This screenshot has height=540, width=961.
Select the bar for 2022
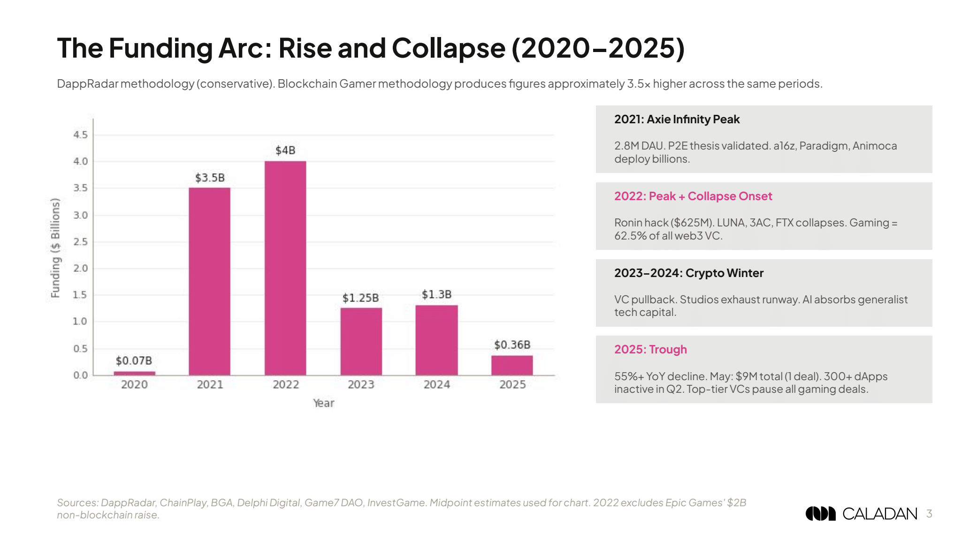(285, 268)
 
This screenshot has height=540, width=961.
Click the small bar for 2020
(134, 373)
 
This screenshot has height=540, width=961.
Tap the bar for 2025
(512, 365)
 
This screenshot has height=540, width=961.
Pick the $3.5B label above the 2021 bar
(210, 178)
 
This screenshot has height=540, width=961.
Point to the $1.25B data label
(360, 298)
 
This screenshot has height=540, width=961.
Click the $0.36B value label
(512, 345)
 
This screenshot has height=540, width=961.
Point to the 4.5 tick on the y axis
(80, 135)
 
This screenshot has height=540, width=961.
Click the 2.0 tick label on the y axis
(80, 268)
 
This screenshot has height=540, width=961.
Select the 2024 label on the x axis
(436, 384)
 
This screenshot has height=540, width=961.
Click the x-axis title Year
(323, 403)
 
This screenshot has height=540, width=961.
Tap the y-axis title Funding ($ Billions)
(55, 248)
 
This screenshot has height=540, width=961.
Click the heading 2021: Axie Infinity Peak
(677, 120)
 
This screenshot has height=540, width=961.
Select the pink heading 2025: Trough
(650, 350)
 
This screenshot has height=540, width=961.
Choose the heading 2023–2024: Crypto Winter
(688, 273)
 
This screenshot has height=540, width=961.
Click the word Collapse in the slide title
(448, 48)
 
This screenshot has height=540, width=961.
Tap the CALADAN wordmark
(879, 514)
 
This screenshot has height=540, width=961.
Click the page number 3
(929, 514)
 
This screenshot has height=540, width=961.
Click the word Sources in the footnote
(77, 503)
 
